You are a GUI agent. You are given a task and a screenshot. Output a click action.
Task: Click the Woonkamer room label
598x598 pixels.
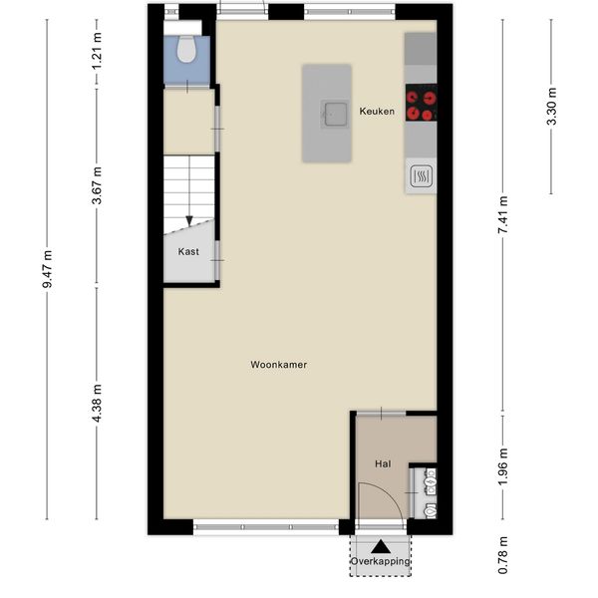(279, 365)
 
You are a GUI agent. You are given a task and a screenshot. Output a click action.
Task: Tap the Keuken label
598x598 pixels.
(377, 112)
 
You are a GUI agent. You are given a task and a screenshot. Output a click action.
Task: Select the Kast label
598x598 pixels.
(188, 252)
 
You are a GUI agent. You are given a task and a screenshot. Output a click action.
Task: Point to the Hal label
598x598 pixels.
(383, 464)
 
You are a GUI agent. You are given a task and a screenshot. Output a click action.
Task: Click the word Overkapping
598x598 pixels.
(381, 561)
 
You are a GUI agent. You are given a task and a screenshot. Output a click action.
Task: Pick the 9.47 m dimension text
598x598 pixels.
(47, 269)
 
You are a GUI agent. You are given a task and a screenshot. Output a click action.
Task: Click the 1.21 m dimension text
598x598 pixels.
(97, 52)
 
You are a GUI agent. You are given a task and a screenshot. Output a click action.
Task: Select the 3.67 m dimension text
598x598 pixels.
(97, 185)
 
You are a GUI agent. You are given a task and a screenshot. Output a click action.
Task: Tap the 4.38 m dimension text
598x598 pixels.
(97, 403)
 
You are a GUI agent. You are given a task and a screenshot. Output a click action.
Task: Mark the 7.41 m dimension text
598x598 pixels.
(503, 215)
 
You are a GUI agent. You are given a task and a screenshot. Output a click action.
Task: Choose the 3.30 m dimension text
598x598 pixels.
(551, 107)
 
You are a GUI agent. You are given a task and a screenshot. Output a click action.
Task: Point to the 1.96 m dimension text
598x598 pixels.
(503, 467)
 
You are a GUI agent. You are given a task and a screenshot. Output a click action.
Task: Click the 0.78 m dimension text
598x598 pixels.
(503, 555)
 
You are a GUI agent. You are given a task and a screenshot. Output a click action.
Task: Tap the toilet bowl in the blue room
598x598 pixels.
(186, 49)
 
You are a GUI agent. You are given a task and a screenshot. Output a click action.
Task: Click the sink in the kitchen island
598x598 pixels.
(336, 114)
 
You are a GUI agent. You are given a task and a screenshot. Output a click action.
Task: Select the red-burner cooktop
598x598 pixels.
(421, 103)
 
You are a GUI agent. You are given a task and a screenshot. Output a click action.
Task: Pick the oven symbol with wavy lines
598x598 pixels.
(421, 176)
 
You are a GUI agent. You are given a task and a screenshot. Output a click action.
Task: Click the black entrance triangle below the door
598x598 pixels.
(381, 547)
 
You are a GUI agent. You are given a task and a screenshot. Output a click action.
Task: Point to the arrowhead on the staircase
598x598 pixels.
(189, 220)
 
